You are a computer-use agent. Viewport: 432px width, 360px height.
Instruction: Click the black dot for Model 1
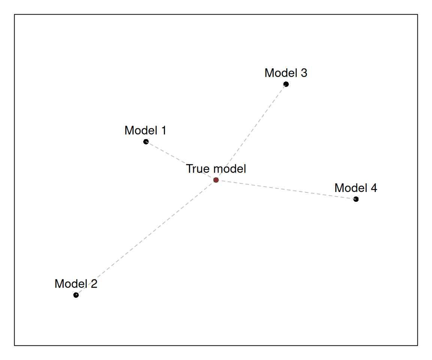146,142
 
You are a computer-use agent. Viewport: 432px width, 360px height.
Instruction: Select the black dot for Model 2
76,295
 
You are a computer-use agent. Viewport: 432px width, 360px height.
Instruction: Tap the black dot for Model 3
286,84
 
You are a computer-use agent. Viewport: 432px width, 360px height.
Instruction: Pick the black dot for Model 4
356,199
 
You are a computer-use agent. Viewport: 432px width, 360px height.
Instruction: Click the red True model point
216,180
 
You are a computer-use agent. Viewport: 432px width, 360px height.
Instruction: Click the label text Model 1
145,130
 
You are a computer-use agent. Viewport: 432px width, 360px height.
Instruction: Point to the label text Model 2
76,284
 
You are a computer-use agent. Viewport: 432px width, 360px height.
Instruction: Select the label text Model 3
286,73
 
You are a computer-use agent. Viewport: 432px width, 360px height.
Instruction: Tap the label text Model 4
355,188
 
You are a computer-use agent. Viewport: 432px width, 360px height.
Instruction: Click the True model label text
216,169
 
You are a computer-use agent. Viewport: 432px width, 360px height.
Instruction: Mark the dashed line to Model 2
146,237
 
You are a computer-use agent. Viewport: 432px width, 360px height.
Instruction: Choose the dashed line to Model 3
251,132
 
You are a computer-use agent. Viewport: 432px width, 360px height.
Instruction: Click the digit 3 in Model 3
304,73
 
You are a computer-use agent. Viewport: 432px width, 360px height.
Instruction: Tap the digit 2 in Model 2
94,284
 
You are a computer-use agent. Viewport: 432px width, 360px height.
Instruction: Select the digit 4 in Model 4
374,188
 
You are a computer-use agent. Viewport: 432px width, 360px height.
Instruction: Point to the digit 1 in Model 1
163,130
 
